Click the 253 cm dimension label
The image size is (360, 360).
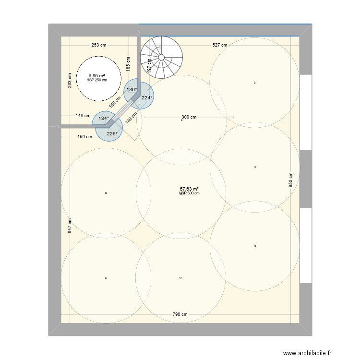[x=99, y=45]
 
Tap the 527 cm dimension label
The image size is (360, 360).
[x=220, y=45]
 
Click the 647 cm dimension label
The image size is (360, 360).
[x=70, y=226]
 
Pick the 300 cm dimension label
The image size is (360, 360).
[x=189, y=117]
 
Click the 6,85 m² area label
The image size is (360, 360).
[x=96, y=75]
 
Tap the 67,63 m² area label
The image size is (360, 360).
[x=189, y=189]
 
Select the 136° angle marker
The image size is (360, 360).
[x=132, y=89]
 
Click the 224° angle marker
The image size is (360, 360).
[x=147, y=97]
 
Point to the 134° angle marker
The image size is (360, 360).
[x=104, y=118]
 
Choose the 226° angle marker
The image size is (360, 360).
[x=112, y=134]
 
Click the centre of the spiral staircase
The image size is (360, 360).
[x=161, y=57]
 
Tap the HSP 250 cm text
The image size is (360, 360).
[x=96, y=80]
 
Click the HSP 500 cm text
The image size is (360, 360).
[x=190, y=193]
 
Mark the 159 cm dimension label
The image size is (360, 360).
[x=84, y=137]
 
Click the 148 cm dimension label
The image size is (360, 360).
[x=83, y=116]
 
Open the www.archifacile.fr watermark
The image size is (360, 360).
[x=307, y=353]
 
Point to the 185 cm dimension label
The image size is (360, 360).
[x=128, y=64]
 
